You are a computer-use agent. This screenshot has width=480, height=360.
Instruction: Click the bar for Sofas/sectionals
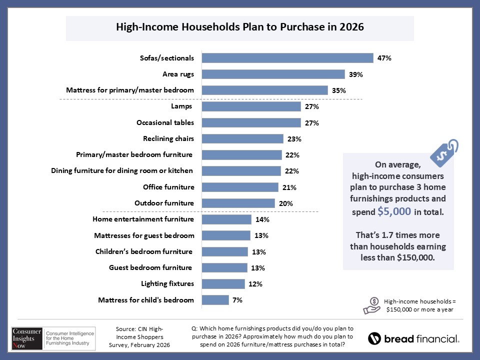287,58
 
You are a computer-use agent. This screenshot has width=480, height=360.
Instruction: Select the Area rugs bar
273,74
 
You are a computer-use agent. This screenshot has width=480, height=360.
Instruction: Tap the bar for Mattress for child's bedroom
215,300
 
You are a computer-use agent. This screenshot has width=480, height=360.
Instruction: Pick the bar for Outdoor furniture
238,203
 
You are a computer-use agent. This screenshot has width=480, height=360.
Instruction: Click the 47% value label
384,58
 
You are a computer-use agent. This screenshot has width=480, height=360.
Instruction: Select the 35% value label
339,90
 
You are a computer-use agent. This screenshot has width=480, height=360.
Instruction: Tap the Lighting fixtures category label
167,283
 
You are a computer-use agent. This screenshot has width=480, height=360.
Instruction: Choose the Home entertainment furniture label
143,219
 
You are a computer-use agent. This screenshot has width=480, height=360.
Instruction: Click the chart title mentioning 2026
240,27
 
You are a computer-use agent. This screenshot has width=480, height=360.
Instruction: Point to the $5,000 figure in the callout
394,211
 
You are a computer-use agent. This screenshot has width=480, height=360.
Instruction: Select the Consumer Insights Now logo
50,338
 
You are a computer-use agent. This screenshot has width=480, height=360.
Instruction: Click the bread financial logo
413,338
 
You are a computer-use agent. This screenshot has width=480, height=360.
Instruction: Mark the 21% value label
289,187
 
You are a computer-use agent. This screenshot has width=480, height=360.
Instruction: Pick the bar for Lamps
251,106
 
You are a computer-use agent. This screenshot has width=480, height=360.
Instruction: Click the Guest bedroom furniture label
150,267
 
